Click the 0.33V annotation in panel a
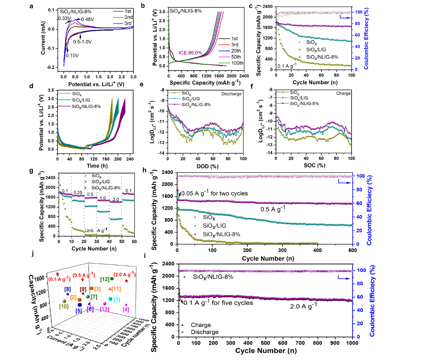coord(64,18)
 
